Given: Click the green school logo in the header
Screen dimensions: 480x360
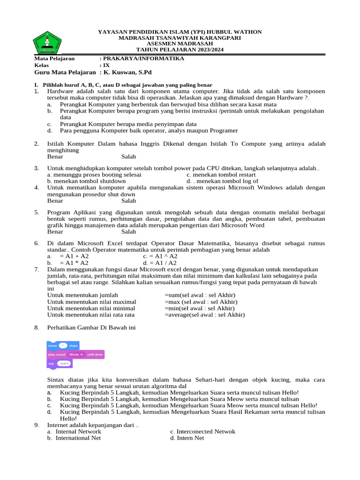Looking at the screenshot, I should click(47, 43).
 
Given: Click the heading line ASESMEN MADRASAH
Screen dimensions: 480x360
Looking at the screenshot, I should click(180, 44).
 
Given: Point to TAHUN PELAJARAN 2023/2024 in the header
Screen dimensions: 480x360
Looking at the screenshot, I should click(180, 50).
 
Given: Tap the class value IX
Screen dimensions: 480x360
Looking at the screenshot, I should click(106, 66).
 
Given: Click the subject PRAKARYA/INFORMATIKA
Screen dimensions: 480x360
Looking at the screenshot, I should click(143, 59).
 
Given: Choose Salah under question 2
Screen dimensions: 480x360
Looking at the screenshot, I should click(128, 157).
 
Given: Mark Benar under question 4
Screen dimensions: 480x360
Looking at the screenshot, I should click(55, 201).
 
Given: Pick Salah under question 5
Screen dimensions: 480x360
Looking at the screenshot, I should click(128, 232).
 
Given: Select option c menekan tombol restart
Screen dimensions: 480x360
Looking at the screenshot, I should click(218, 174).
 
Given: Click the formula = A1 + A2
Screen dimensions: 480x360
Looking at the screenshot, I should click(74, 256).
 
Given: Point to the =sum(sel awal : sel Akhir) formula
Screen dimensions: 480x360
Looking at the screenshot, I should click(200, 295).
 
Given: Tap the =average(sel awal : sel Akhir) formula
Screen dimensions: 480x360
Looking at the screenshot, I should click(204, 315).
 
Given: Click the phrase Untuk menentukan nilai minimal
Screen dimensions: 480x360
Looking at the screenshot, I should click(91, 308).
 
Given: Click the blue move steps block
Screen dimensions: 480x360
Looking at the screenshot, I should click(63, 345).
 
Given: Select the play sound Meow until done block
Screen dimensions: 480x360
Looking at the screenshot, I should click(75, 354).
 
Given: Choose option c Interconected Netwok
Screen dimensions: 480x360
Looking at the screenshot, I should click(202, 431).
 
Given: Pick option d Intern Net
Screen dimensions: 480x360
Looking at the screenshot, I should click(187, 438).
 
